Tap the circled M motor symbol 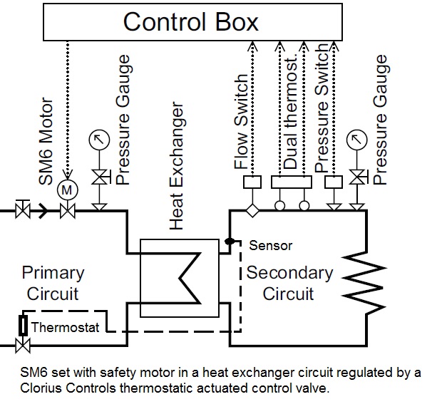tap(68, 190)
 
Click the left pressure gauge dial tap(98, 141)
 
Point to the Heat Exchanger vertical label tap(178, 167)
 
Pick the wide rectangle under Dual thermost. tap(292, 183)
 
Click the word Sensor tap(270, 246)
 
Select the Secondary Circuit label tap(289, 283)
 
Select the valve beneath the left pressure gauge tap(99, 176)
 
